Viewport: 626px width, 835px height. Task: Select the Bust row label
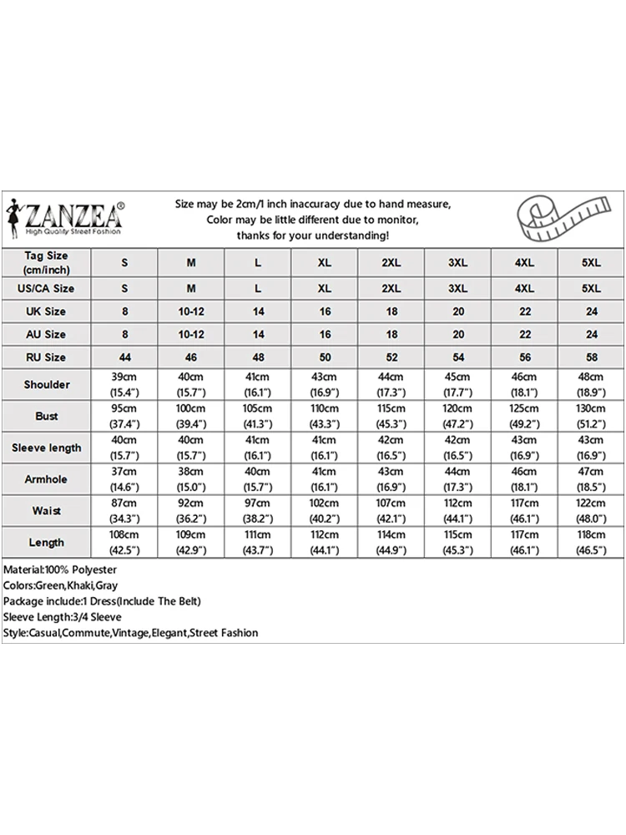[46, 416]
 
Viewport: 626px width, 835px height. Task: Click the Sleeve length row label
[46, 448]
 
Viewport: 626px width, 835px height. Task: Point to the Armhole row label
[46, 479]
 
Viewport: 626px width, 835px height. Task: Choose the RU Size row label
[46, 357]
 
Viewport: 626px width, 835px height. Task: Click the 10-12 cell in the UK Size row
[191, 311]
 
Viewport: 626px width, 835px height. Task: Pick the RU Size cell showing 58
[591, 357]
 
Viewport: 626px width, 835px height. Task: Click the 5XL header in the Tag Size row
[591, 262]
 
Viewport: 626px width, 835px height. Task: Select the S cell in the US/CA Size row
[124, 288]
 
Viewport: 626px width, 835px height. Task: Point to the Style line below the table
[130, 633]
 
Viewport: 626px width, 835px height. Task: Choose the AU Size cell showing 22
[524, 334]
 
